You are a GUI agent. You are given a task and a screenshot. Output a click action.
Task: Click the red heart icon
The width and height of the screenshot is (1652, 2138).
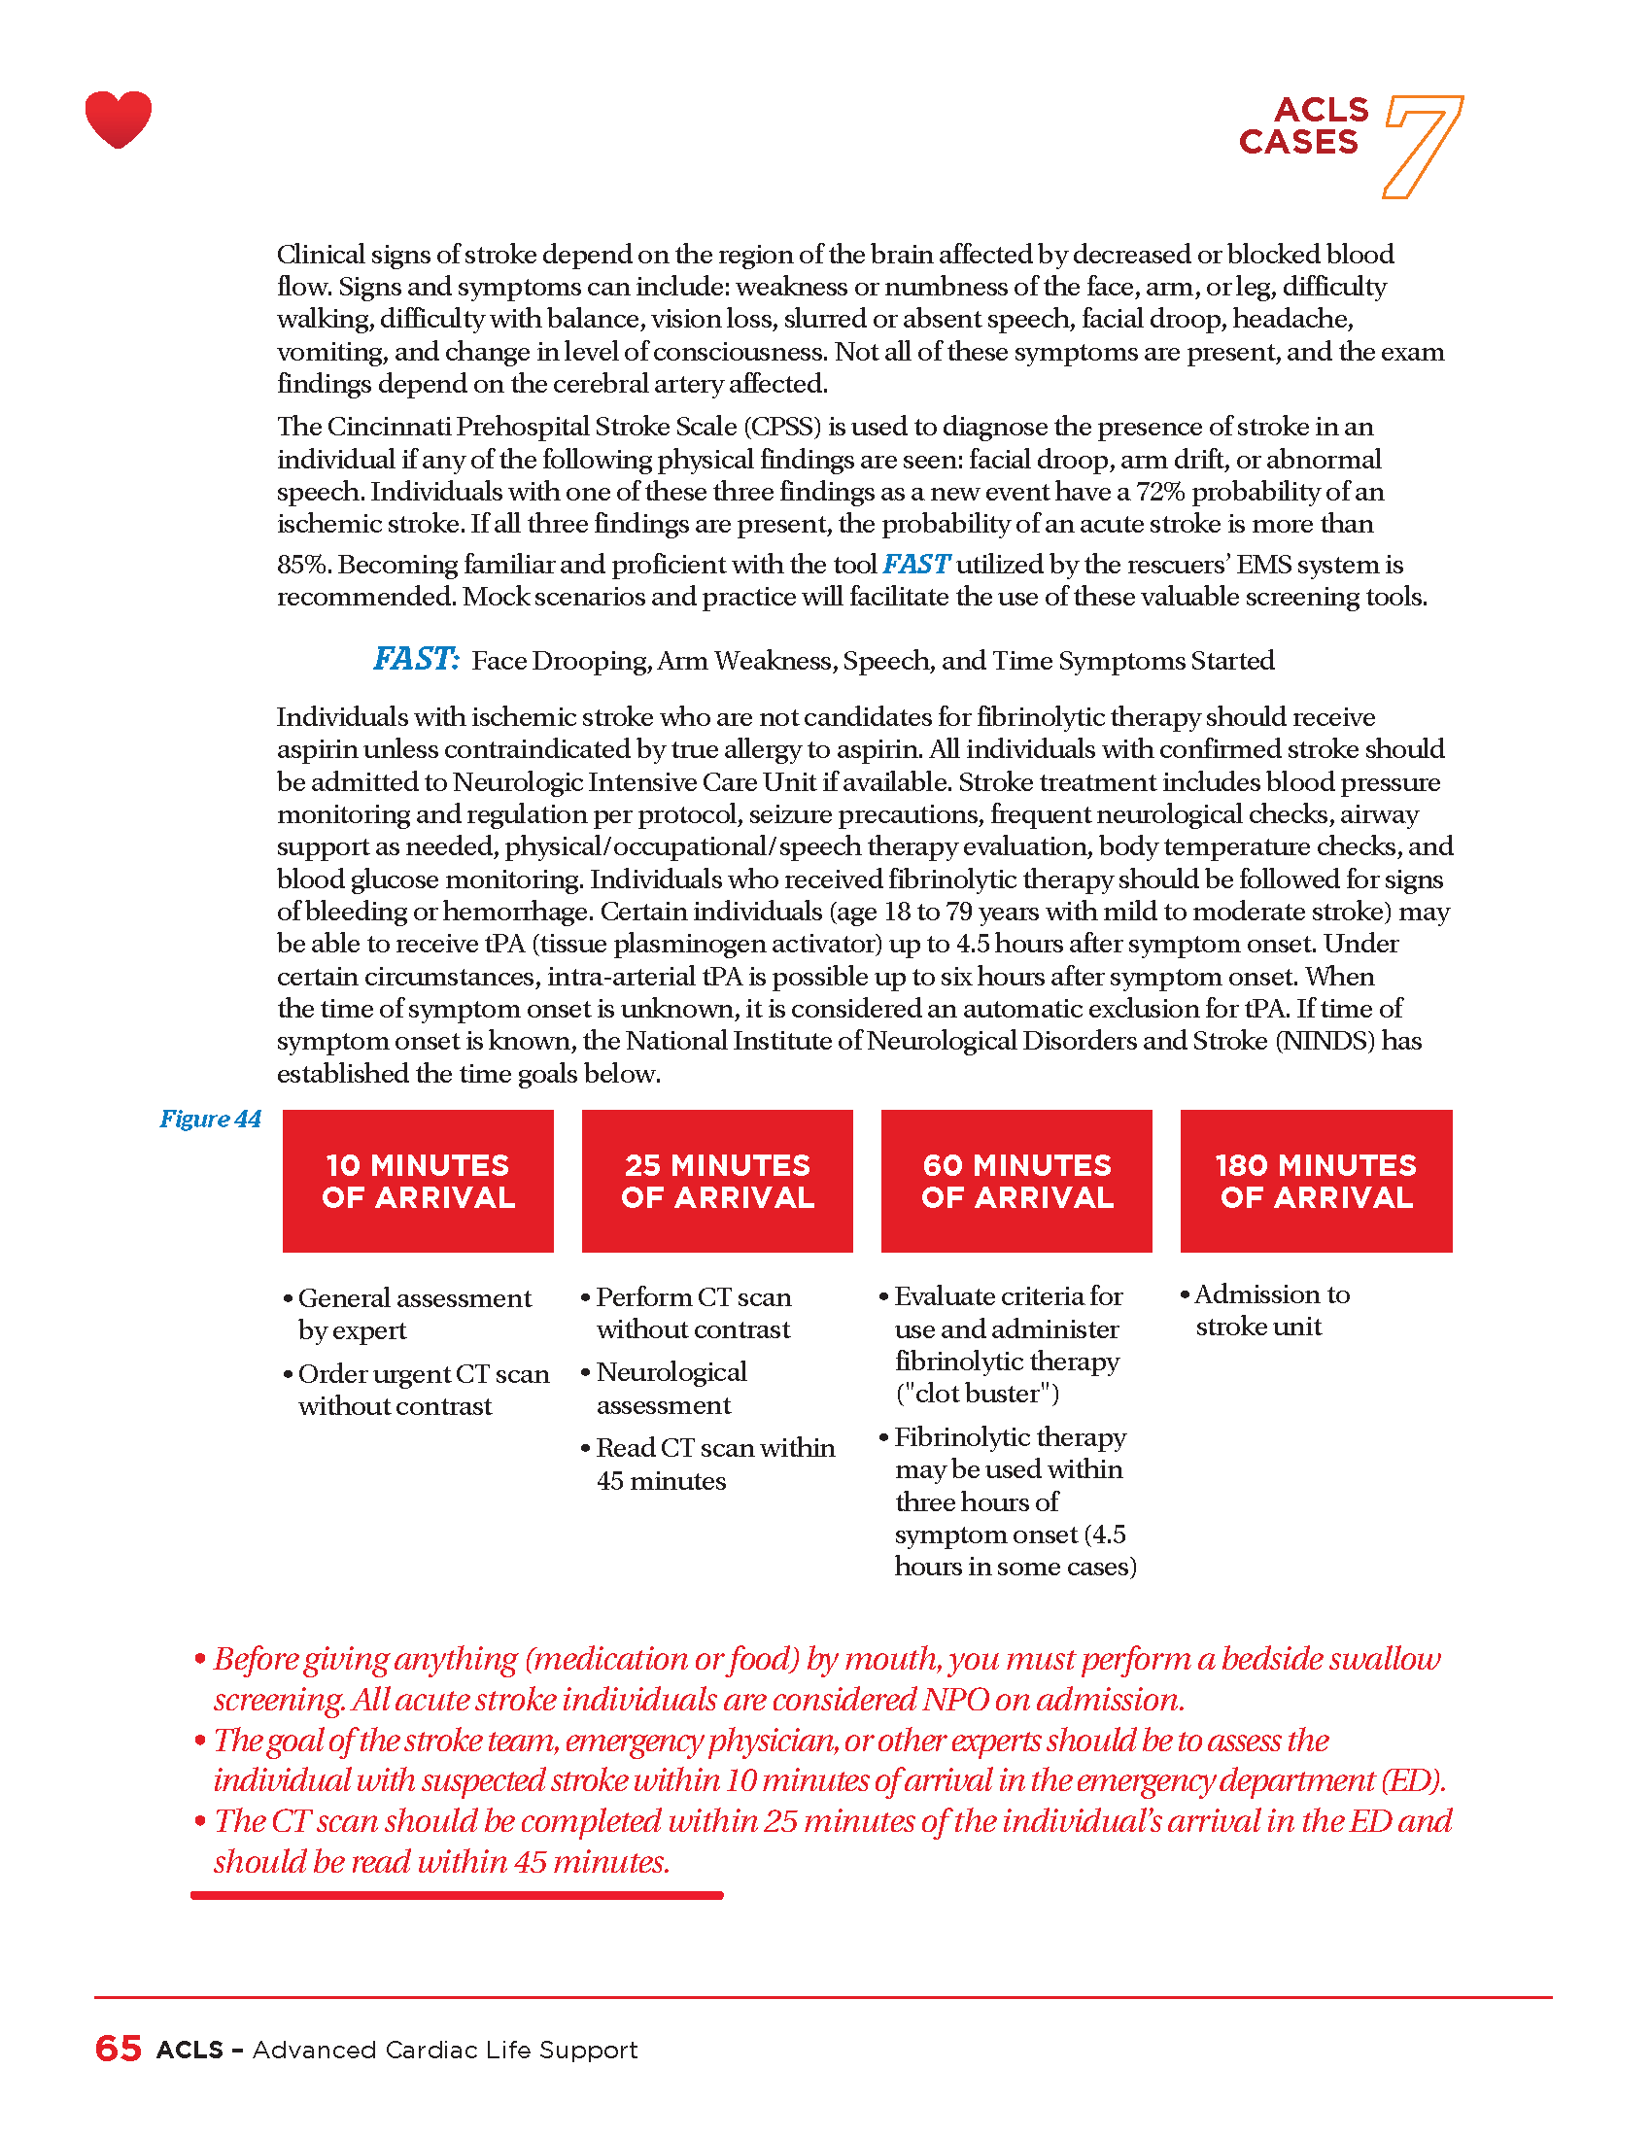coord(119,120)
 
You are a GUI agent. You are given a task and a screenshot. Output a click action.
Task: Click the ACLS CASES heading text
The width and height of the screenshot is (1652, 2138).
coord(1302,126)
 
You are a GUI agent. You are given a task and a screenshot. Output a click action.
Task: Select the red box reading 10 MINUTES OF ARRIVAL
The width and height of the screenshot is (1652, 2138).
coord(418,1181)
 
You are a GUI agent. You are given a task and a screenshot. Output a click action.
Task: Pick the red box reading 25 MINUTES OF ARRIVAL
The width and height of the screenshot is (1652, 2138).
coord(717,1181)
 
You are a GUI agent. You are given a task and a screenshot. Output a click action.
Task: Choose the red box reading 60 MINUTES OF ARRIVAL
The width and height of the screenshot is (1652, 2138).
coord(1016,1181)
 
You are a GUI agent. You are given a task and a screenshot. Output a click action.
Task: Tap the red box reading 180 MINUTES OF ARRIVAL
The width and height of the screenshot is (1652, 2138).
coord(1317,1181)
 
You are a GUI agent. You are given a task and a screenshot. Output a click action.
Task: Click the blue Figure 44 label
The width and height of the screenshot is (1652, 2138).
coord(211,1119)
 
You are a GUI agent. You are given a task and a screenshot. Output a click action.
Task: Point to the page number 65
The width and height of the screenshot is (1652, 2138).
coord(119,2049)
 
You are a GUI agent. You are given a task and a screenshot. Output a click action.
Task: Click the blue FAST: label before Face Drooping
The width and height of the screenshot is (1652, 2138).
coord(415,659)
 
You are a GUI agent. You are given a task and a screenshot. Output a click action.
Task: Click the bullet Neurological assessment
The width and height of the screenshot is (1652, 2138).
coord(671,1388)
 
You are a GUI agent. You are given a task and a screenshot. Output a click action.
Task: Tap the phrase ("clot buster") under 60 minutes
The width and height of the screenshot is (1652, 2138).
coord(977,1393)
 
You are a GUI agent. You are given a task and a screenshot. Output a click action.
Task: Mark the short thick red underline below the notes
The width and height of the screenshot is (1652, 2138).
coord(457,1895)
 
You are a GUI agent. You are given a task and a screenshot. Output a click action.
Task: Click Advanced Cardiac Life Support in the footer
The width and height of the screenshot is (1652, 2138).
coord(444,2050)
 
